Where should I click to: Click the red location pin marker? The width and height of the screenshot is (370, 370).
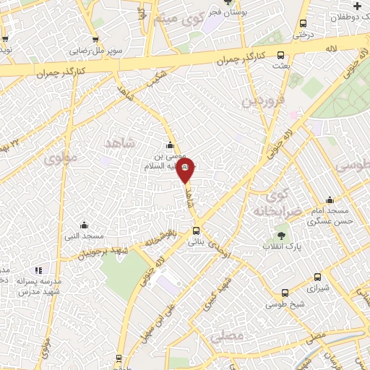(185, 172)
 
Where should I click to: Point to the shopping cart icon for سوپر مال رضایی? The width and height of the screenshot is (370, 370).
(98, 40)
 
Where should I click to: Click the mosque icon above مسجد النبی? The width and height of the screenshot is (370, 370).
(84, 224)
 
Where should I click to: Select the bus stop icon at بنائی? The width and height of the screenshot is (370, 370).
(196, 231)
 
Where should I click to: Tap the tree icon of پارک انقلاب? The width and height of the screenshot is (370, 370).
(281, 236)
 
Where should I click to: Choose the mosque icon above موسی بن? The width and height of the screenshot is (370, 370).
(171, 144)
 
